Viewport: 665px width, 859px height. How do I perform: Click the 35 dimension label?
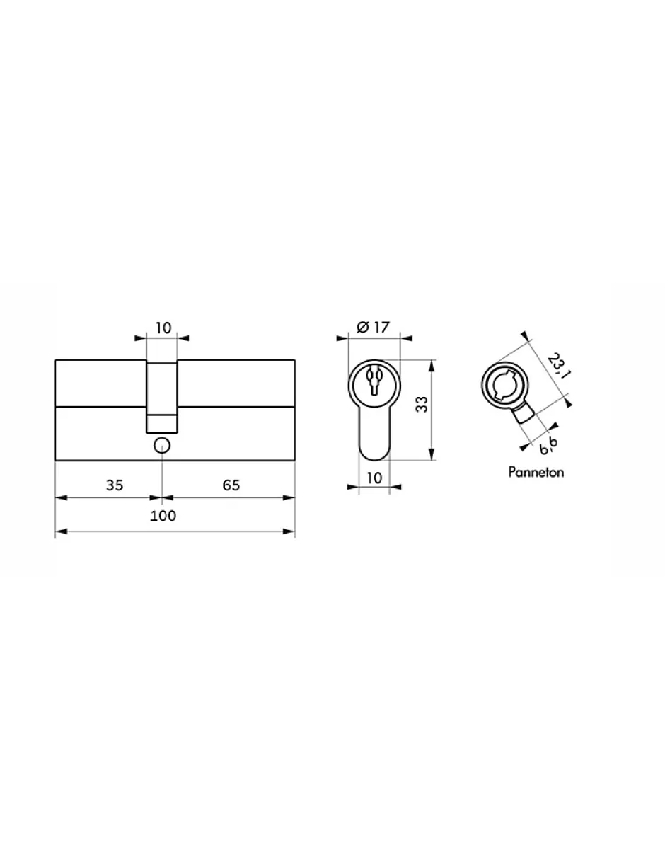[115, 485]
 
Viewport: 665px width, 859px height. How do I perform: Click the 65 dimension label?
[231, 485]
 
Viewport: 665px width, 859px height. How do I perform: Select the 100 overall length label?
[163, 516]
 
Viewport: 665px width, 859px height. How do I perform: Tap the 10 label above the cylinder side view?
[163, 328]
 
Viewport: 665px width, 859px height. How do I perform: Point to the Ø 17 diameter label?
[373, 328]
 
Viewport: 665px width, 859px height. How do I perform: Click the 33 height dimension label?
[422, 405]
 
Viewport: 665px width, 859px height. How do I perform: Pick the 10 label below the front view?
[374, 478]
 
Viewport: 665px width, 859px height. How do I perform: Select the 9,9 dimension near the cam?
[549, 446]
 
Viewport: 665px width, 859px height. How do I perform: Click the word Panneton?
[536, 472]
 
